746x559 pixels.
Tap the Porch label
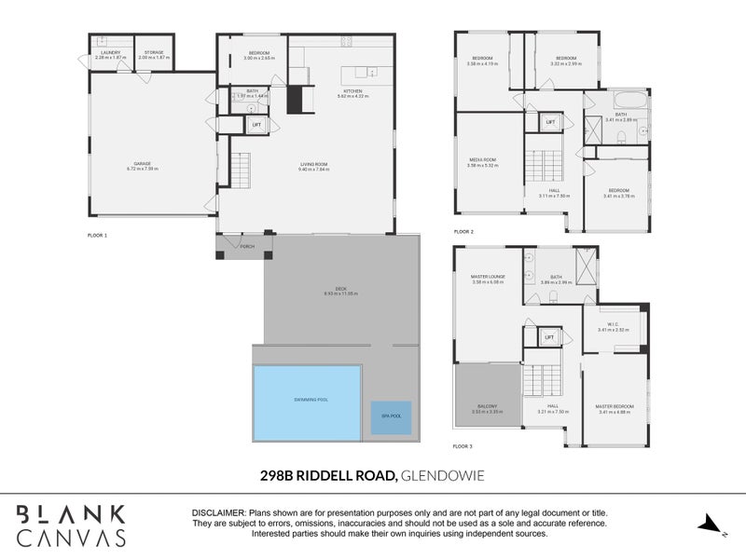(247, 247)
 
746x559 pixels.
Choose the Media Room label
(483, 162)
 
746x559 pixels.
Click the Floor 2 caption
(463, 231)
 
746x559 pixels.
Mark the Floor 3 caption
(463, 447)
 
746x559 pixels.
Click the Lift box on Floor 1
(256, 125)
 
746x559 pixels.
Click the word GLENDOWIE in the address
(443, 476)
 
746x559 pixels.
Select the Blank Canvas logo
(72, 525)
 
